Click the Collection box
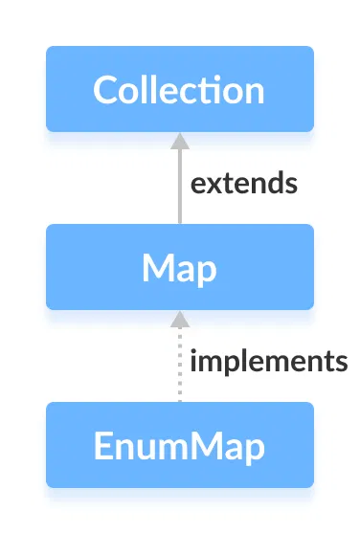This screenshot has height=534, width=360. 179,89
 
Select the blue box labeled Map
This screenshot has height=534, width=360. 179,267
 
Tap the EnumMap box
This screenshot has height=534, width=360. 179,445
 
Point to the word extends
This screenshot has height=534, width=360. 244,184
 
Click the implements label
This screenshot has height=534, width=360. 268,362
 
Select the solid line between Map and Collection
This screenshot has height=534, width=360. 179,187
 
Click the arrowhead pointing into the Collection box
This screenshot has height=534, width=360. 179,141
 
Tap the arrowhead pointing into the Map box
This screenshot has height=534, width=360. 179,319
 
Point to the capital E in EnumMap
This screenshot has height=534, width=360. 101,446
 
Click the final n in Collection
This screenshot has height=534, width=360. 253,90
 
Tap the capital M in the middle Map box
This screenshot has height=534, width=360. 157,268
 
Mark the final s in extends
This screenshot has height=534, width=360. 291,185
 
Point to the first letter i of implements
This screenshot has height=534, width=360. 194,361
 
